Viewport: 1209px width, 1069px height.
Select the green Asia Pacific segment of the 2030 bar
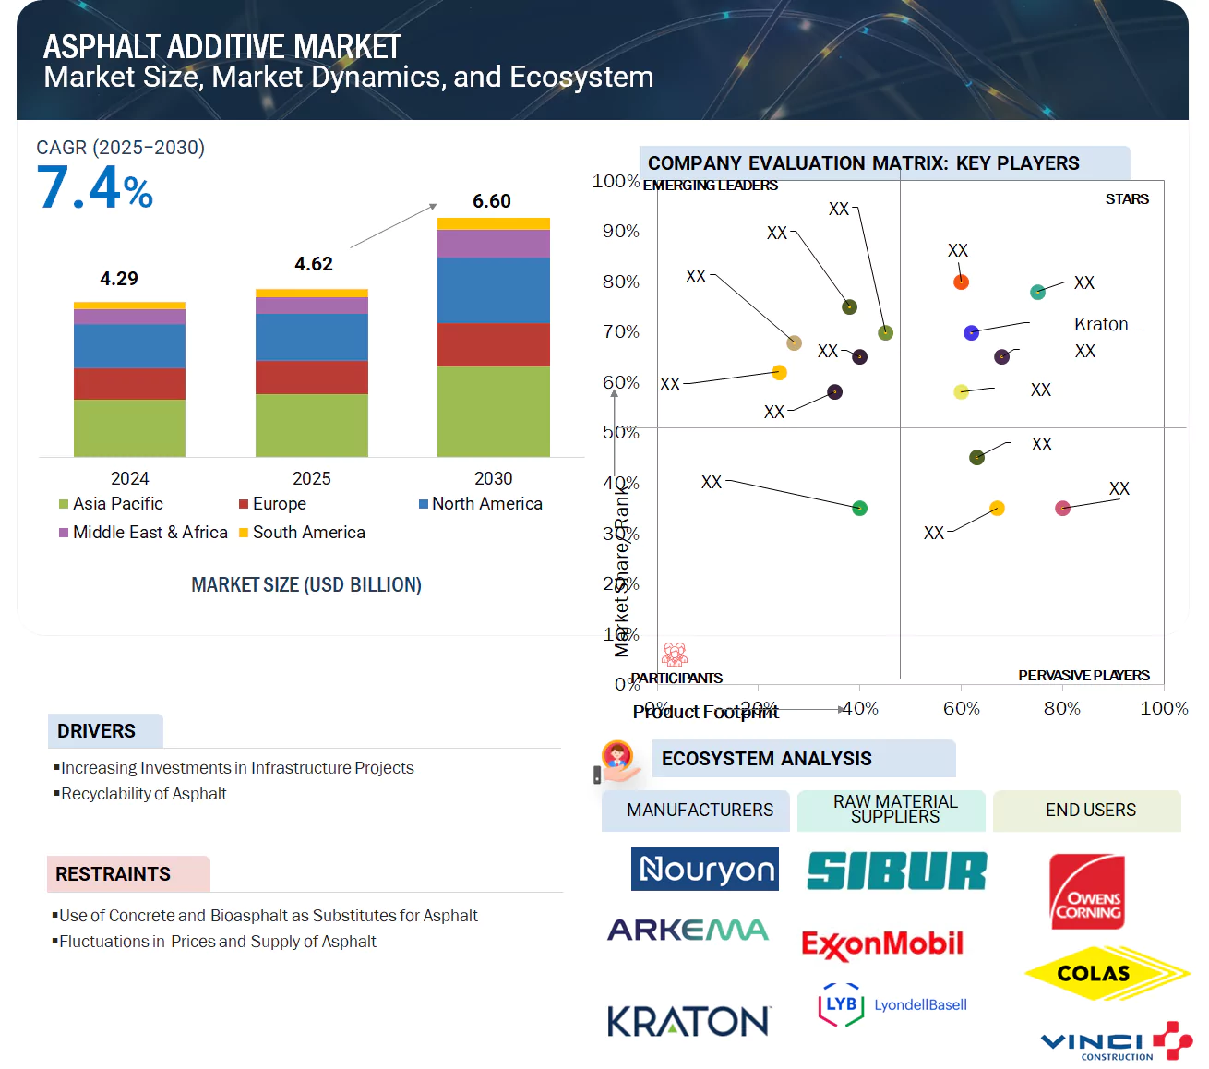[493, 411]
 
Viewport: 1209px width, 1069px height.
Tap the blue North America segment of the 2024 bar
[129, 346]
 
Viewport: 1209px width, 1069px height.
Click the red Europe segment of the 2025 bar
[311, 377]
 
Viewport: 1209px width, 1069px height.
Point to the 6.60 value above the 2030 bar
[491, 201]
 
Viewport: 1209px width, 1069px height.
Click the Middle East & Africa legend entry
[143, 533]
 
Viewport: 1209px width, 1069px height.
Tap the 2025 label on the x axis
[311, 478]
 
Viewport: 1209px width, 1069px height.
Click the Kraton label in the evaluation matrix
[1107, 324]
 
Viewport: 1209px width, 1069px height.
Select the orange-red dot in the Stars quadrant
[961, 282]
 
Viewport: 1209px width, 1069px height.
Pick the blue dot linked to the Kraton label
[971, 332]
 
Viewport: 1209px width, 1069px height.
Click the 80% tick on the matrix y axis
[620, 282]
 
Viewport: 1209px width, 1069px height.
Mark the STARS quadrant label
[1127, 199]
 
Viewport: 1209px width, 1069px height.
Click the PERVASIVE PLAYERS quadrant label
[1083, 676]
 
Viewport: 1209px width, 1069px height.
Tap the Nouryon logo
[705, 870]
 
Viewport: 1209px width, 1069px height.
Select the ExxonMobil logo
[882, 943]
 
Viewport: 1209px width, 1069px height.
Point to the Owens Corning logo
[1087, 893]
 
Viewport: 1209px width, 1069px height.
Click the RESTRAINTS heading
[114, 874]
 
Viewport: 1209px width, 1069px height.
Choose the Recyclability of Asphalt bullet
[143, 794]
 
